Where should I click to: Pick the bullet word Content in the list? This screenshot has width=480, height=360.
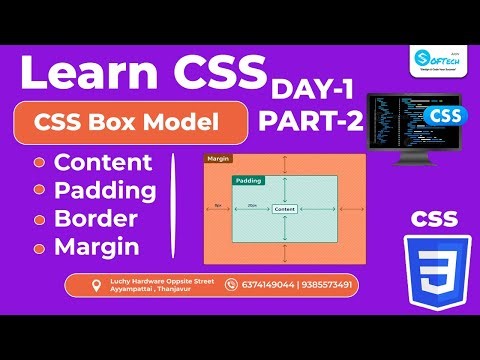pyautogui.click(x=104, y=162)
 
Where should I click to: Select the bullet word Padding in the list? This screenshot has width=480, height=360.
pyautogui.click(x=106, y=190)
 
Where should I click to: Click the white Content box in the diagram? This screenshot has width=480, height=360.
pyautogui.click(x=284, y=208)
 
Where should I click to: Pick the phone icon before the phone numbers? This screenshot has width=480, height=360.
pyautogui.click(x=232, y=285)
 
